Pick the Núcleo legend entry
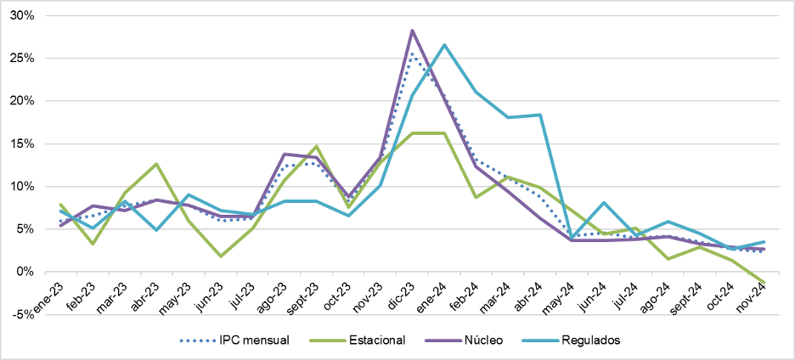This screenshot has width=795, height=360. tap(480, 340)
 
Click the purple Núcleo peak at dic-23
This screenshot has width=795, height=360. tap(412, 31)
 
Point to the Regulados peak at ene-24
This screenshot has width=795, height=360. tap(444, 45)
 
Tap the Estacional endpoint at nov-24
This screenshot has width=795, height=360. tap(764, 282)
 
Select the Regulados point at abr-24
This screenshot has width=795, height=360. tap(540, 115)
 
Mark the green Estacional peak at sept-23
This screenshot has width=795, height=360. tap(316, 146)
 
